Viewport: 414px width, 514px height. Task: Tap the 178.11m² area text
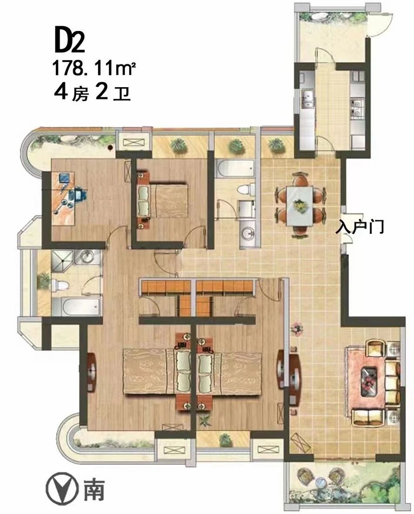94,68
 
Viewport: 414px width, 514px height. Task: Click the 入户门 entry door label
359,227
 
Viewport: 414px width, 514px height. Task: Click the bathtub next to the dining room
235,168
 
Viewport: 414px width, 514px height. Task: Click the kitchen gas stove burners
357,108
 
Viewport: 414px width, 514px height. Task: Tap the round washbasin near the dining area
246,231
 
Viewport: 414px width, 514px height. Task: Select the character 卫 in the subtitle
122,94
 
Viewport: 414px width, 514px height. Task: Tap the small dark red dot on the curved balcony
110,148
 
